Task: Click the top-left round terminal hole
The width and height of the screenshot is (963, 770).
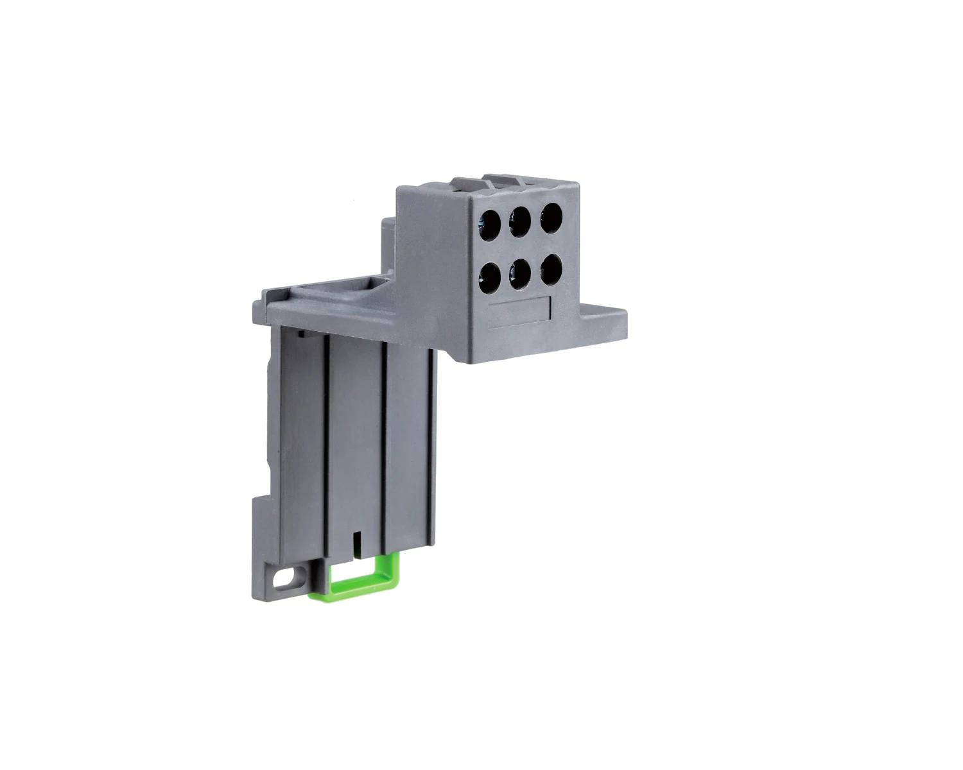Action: (489, 223)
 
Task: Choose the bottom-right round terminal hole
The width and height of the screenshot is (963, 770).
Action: (551, 270)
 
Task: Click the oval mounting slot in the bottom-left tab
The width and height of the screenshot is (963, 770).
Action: (283, 578)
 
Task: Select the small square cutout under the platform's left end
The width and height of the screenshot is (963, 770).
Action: (299, 333)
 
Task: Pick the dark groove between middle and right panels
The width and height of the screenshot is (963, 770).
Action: (383, 443)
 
